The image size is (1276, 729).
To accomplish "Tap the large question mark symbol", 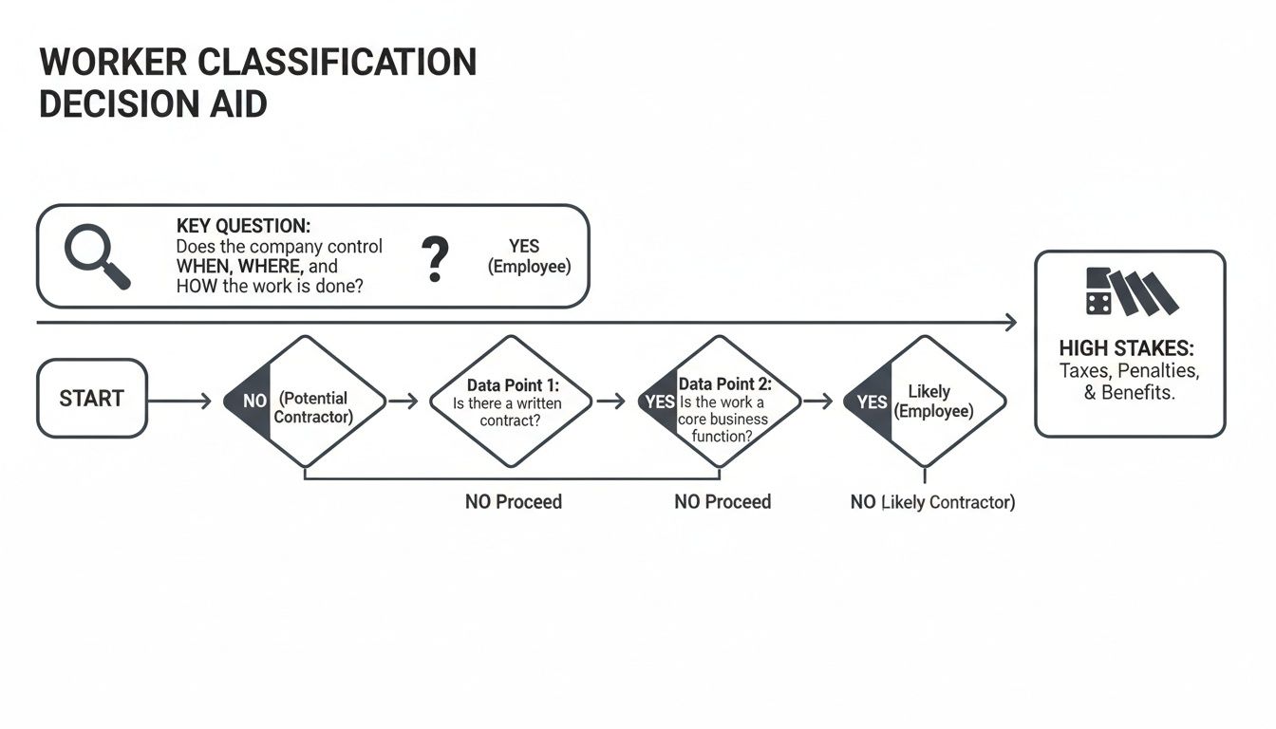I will pyautogui.click(x=434, y=259).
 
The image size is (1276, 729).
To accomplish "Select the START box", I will pyautogui.click(x=91, y=399).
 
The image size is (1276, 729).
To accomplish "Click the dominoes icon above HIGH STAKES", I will pyautogui.click(x=1130, y=291).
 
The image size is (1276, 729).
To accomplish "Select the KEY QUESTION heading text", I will pyautogui.click(x=243, y=226).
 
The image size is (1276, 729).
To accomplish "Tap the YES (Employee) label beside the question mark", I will pyautogui.click(x=529, y=256).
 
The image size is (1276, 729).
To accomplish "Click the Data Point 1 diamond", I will pyautogui.click(x=511, y=402).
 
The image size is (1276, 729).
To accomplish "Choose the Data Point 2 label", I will pyautogui.click(x=724, y=384).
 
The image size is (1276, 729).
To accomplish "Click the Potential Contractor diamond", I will pyautogui.click(x=306, y=402).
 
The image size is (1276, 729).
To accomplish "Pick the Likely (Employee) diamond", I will pyautogui.click(x=925, y=402).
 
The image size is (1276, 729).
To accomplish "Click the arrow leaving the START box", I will pyautogui.click(x=179, y=402).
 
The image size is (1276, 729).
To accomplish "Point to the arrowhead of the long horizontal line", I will pyautogui.click(x=1010, y=324).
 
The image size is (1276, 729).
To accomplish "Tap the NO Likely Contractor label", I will pyautogui.click(x=932, y=502).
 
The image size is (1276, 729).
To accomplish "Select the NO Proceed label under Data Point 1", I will pyautogui.click(x=514, y=501).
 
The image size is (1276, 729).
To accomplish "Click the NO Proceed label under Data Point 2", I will pyautogui.click(x=722, y=501).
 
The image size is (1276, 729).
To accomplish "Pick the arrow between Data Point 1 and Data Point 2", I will pyautogui.click(x=610, y=402).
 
